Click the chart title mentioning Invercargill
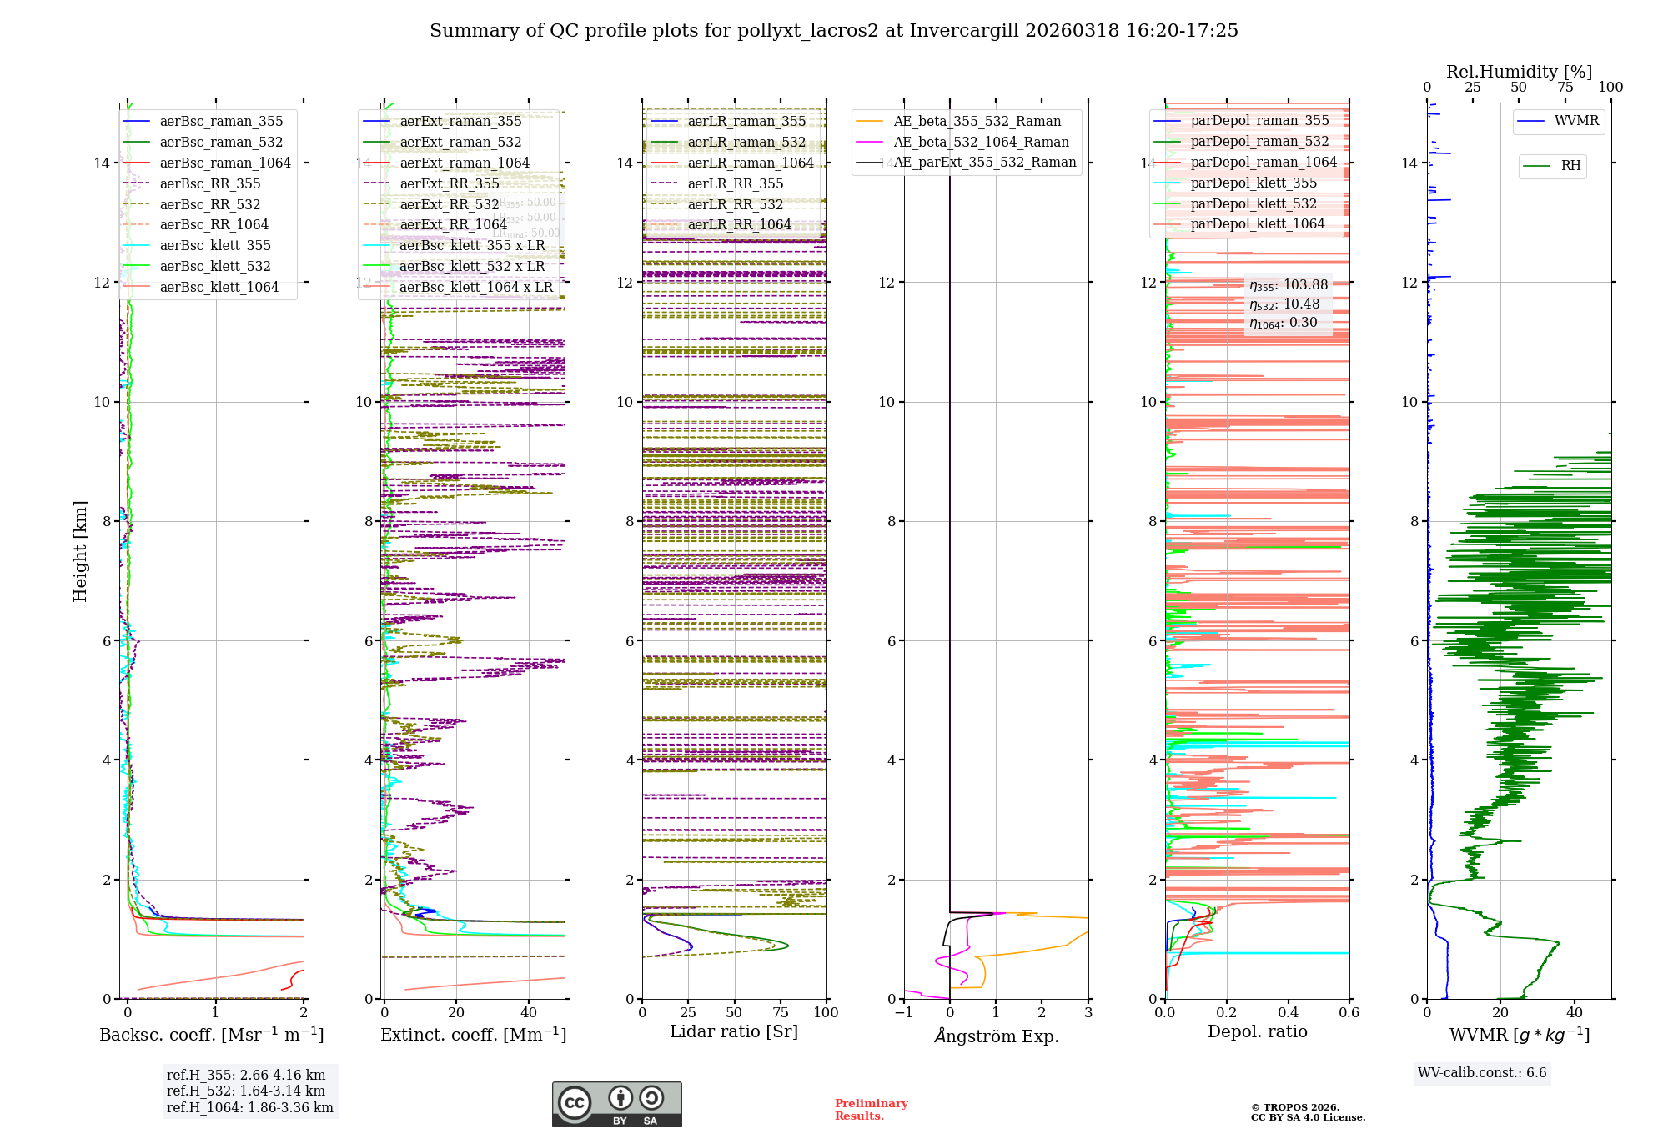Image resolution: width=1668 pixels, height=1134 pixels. click(833, 31)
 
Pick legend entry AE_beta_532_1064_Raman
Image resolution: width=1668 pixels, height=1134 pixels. click(981, 143)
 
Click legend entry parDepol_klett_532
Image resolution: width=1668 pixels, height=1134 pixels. click(1254, 204)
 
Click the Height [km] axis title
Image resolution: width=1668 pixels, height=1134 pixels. click(80, 551)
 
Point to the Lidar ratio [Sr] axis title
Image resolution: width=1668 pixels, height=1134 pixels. click(734, 1032)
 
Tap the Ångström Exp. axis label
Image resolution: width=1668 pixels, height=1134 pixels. click(996, 1036)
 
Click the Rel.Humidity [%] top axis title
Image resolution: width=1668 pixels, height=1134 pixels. click(1519, 72)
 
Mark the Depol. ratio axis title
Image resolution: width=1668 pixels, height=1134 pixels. click(1257, 1032)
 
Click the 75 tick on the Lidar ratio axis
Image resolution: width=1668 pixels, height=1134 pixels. click(781, 1013)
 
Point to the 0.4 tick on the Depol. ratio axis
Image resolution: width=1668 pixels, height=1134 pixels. click(1288, 1013)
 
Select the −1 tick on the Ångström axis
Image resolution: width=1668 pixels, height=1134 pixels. click(903, 1013)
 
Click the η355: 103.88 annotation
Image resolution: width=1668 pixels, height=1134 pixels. click(1288, 285)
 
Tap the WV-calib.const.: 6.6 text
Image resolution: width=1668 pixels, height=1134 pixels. click(1482, 1073)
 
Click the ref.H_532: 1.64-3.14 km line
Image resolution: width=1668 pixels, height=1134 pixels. click(246, 1091)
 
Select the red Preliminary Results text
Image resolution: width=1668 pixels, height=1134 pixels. click(871, 1110)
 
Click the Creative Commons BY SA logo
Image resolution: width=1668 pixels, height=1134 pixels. click(616, 1105)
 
